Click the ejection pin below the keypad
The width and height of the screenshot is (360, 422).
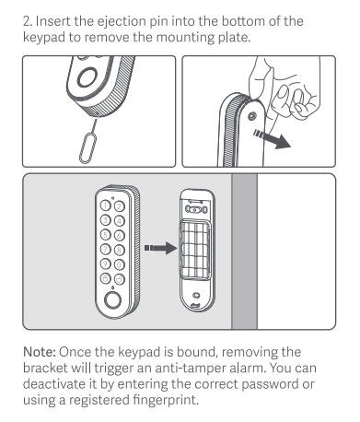(x=89, y=142)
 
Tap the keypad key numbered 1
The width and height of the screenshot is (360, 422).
(x=106, y=205)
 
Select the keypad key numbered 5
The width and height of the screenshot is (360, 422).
(x=106, y=235)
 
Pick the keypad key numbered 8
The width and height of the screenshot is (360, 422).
(x=120, y=250)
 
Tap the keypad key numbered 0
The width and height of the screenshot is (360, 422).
(x=120, y=264)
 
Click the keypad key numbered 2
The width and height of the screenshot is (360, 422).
(x=120, y=206)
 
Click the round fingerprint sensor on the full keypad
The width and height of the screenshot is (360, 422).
(x=112, y=300)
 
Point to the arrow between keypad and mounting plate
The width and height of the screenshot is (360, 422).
(x=160, y=248)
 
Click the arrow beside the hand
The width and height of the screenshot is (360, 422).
(x=272, y=139)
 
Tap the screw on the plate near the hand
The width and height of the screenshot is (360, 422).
(x=252, y=116)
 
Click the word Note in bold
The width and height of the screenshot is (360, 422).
(x=40, y=352)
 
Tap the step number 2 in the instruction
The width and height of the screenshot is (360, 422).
(x=28, y=21)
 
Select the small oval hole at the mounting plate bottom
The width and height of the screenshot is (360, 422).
(x=196, y=295)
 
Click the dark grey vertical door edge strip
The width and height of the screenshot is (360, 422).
(x=244, y=252)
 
